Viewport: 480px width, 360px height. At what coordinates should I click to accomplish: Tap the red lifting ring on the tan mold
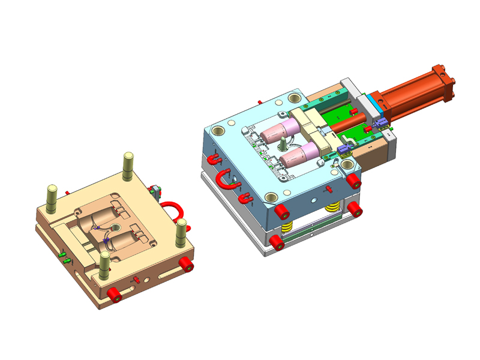173,206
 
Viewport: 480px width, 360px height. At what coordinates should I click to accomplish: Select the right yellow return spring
331,208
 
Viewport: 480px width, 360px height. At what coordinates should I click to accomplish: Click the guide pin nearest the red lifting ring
180,232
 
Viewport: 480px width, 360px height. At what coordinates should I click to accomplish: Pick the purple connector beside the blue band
380,124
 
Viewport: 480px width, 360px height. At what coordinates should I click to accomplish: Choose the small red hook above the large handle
214,159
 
